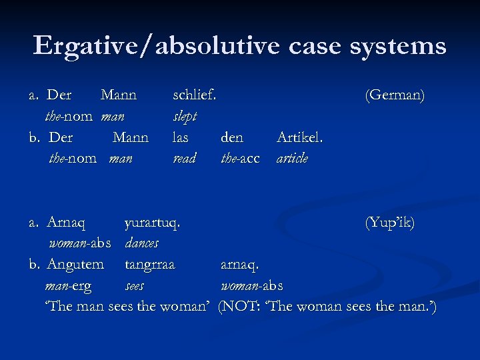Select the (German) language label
point(395,95)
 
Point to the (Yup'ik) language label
point(389,223)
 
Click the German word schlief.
point(194,95)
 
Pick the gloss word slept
point(185,116)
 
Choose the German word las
point(181,137)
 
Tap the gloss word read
point(184,159)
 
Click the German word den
point(232,137)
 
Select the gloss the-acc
point(240,159)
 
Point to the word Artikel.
point(300,137)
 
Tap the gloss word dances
point(141,244)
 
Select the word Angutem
point(75,265)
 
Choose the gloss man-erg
point(68,286)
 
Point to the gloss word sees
point(135,286)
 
